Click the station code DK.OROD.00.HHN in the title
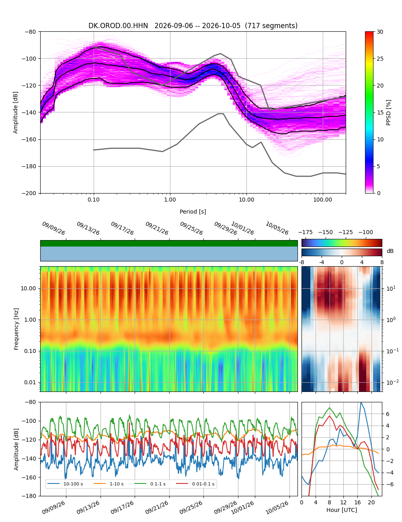tap(118, 25)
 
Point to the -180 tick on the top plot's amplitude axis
tap(29, 166)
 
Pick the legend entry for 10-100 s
tap(65, 483)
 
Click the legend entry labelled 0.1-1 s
tap(150, 483)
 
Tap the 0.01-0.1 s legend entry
tap(195, 483)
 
